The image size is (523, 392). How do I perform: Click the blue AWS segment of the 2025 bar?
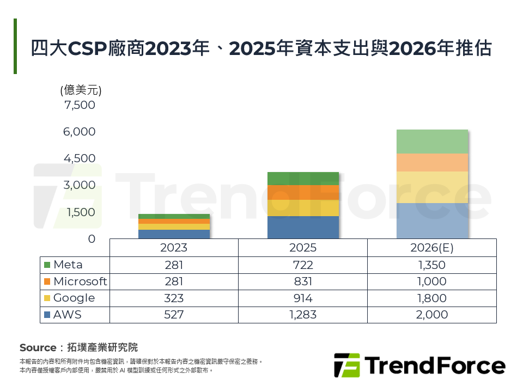pos(303,227)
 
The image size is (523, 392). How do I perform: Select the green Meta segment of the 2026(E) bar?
pos(433,142)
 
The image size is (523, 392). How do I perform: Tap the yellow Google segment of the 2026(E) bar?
pos(433,187)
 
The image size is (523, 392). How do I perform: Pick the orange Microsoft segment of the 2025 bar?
pos(303,192)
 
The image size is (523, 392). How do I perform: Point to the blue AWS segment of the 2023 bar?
pos(174,234)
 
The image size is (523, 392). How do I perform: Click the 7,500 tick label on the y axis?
pos(80,105)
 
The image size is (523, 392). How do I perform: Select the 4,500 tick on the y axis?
pos(80,158)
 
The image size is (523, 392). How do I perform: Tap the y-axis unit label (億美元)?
pos(81,90)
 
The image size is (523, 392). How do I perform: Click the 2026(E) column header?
pos(431,248)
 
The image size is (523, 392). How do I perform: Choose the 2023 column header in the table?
pos(174,248)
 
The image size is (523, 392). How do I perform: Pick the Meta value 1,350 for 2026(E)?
pos(431,265)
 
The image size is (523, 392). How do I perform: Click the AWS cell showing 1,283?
pos(302,315)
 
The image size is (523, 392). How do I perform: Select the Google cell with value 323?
pos(174,298)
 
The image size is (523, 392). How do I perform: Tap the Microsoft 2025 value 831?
pos(302,281)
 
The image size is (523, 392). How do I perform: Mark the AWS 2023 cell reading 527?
pos(174,315)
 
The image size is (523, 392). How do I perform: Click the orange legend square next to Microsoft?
pos(47,281)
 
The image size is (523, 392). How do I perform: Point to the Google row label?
pos(74,298)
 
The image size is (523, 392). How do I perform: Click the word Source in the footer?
pos(38,347)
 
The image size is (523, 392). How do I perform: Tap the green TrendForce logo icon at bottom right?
pos(347,365)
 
